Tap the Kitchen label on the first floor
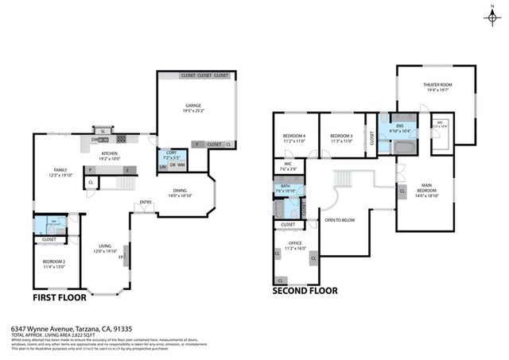pyautogui.click(x=110, y=153)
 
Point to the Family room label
pyautogui.click(x=60, y=170)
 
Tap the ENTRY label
pyautogui.click(x=146, y=202)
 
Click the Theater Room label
pyautogui.click(x=437, y=85)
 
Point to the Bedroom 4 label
pyautogui.click(x=293, y=136)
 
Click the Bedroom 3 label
pyautogui.click(x=341, y=136)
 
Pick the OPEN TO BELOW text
pyautogui.click(x=340, y=219)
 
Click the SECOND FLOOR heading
pyautogui.click(x=305, y=291)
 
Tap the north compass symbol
pyautogui.click(x=494, y=17)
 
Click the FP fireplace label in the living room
pyautogui.click(x=122, y=257)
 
